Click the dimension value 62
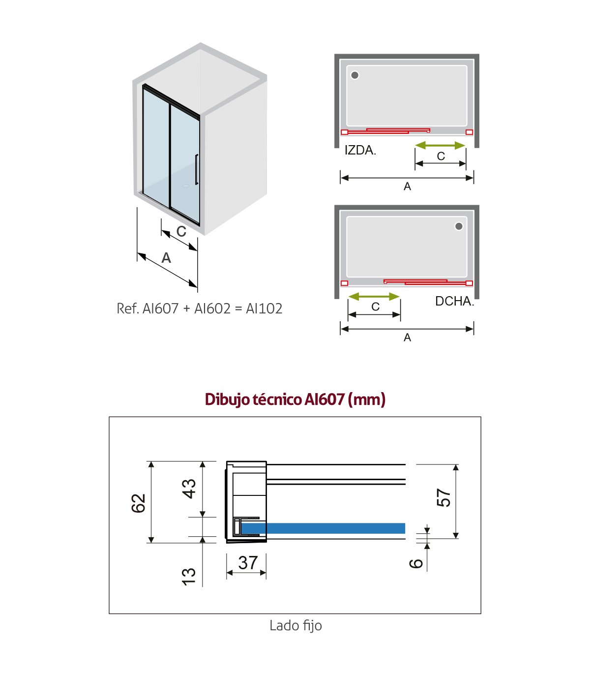click(x=139, y=503)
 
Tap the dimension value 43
click(x=189, y=489)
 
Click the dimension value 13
click(x=189, y=577)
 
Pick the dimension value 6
click(x=416, y=563)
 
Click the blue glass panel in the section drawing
click(x=323, y=528)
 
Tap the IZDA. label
click(x=360, y=151)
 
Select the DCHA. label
click(x=454, y=301)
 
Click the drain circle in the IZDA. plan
click(x=354, y=75)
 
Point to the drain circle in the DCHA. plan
click(x=459, y=226)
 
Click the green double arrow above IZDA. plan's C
click(x=440, y=145)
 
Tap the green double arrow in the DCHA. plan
click(x=374, y=296)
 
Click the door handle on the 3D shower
click(x=197, y=169)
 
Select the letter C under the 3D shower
click(x=181, y=231)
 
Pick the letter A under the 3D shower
click(x=166, y=258)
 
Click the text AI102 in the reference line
click(x=264, y=309)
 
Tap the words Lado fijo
click(x=295, y=625)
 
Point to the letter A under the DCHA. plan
click(x=408, y=337)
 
